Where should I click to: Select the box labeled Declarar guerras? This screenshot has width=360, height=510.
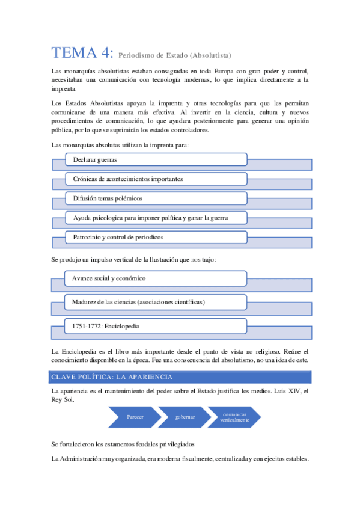(x=156, y=159)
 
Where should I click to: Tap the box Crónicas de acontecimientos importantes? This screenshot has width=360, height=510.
(x=156, y=179)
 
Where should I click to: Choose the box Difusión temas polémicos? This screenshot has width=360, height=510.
(x=156, y=198)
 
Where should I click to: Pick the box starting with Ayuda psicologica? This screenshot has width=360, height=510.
(x=156, y=217)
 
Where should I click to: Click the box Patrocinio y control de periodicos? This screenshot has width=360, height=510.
(x=156, y=237)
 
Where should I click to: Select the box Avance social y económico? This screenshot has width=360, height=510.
(x=156, y=278)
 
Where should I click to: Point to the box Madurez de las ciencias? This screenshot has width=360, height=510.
(x=156, y=301)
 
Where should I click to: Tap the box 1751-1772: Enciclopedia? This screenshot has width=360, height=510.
(x=156, y=326)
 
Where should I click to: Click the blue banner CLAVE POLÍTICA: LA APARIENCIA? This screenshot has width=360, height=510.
(x=180, y=377)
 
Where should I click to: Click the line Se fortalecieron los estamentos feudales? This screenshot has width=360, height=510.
(x=123, y=444)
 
